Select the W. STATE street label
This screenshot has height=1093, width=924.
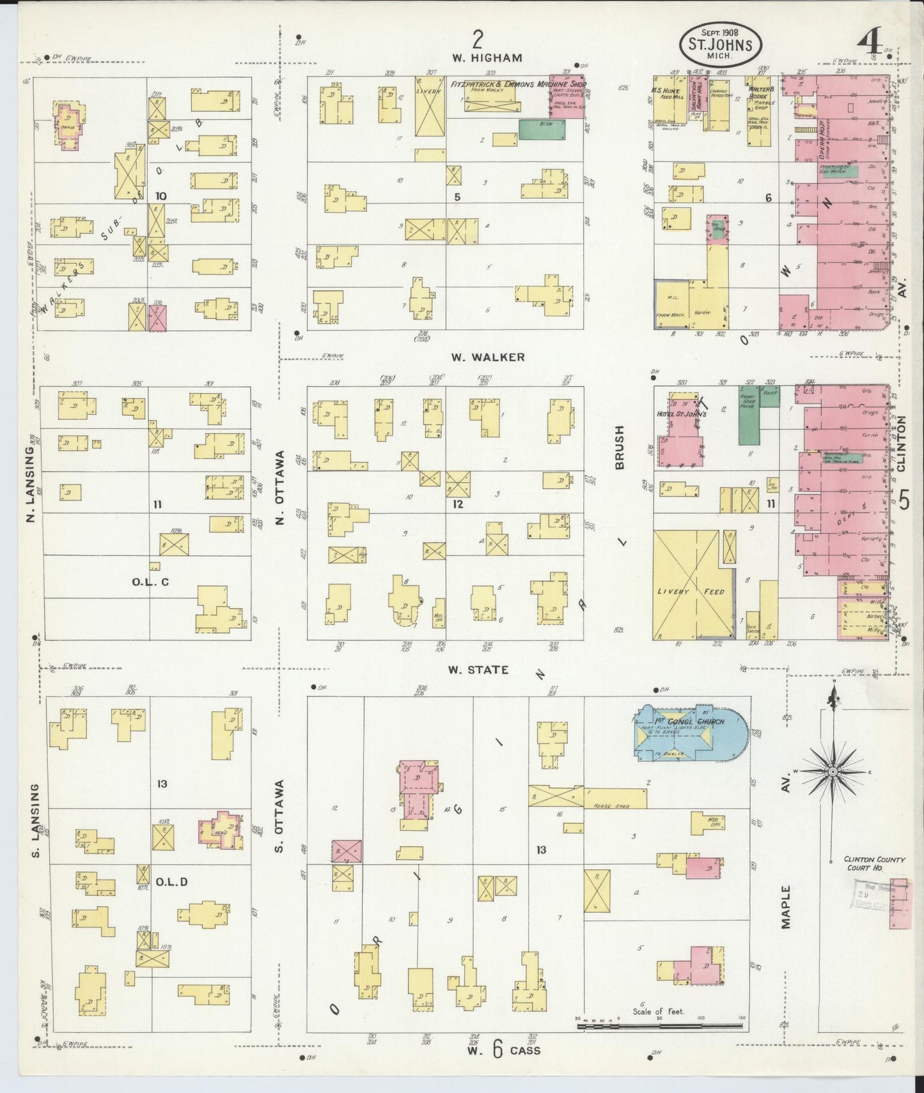coord(478,670)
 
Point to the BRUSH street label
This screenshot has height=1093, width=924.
coord(619,448)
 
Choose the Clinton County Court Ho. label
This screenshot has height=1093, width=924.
coord(873,863)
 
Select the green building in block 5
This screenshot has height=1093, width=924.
coord(542,129)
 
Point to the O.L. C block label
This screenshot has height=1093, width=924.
coord(151,582)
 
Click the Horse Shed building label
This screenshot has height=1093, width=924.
coord(611,806)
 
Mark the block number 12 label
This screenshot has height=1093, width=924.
coord(457,504)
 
